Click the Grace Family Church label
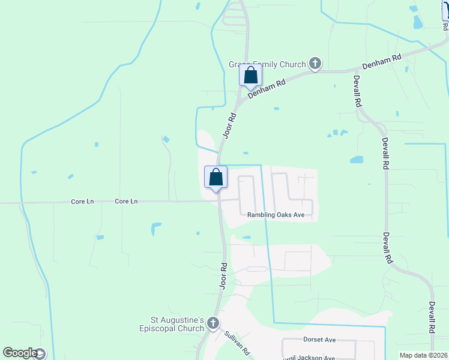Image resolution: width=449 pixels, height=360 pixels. coord(267,64)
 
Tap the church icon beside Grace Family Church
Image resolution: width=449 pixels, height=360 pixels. coord(315,63)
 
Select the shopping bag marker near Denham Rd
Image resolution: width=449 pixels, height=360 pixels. coord(250,76)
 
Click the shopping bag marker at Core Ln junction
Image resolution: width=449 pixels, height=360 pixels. coord(215,178)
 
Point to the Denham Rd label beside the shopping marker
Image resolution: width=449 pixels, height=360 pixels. coord(265,88)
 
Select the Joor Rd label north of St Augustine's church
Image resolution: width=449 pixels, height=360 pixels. coord(223,275)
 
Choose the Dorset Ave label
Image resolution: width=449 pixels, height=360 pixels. coord(319,340)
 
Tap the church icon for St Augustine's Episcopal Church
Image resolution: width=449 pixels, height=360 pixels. coord(212,325)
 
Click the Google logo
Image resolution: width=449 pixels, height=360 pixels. coord(20,353)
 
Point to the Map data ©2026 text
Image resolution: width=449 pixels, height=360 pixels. coord(423,355)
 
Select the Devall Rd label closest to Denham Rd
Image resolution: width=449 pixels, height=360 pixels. coord(357,91)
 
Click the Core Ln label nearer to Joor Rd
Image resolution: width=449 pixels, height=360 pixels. coord(126,202)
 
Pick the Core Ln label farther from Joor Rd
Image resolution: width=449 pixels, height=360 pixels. coord(82,202)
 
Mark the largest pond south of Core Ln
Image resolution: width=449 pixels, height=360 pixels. coord(156,228)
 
